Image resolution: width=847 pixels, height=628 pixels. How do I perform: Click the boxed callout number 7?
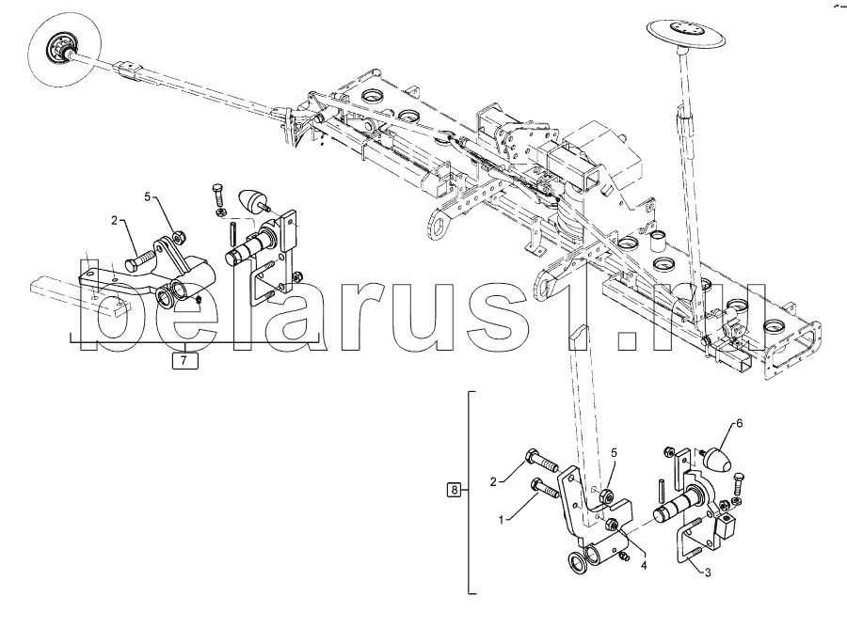184,358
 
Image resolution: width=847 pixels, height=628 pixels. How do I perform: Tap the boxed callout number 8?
455,490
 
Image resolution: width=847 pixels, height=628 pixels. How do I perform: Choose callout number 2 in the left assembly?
115,221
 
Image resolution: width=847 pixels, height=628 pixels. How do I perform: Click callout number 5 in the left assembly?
148,196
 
